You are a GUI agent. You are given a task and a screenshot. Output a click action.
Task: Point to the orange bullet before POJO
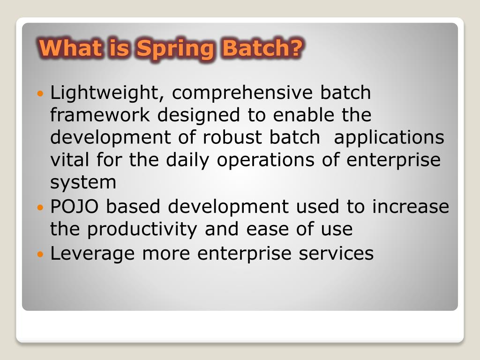click(40, 207)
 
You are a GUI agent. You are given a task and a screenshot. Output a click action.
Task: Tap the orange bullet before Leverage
click(40, 255)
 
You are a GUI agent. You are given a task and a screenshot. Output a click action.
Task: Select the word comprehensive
click(242, 93)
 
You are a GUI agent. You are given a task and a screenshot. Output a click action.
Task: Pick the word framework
click(100, 115)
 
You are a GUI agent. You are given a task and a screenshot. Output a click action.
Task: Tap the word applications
click(389, 138)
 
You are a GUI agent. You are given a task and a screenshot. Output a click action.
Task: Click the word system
click(83, 182)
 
